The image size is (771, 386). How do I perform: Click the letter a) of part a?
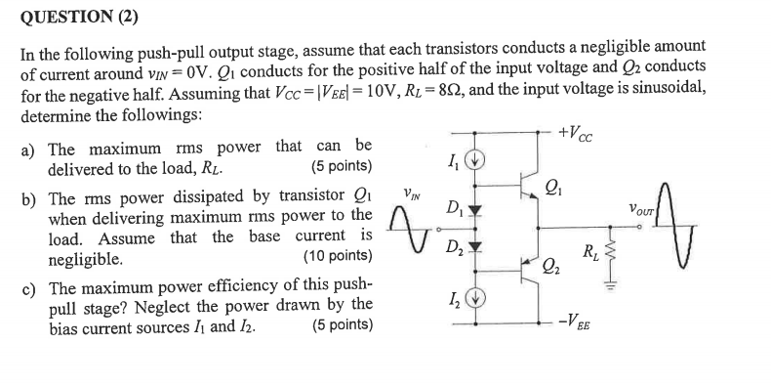pos(29,150)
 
